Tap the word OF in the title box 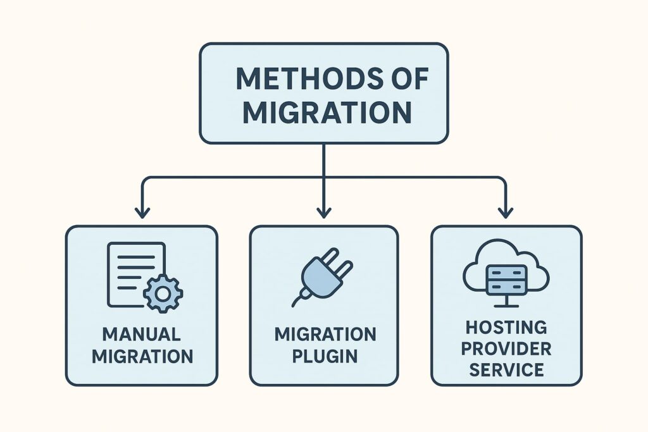[408, 79]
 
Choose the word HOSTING [506, 328]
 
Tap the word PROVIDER [506, 349]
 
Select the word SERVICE [506, 369]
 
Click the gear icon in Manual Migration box [163, 293]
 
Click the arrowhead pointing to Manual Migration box [141, 213]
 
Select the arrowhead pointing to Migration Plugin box [324, 213]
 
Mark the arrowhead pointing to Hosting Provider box [505, 213]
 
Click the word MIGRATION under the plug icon [325, 333]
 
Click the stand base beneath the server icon [506, 305]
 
